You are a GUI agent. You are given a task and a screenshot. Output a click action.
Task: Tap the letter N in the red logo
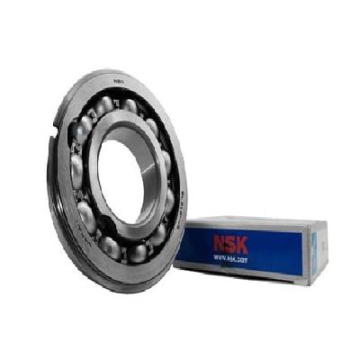point(218,241)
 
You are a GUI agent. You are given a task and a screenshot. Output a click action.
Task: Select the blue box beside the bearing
point(252,247)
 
